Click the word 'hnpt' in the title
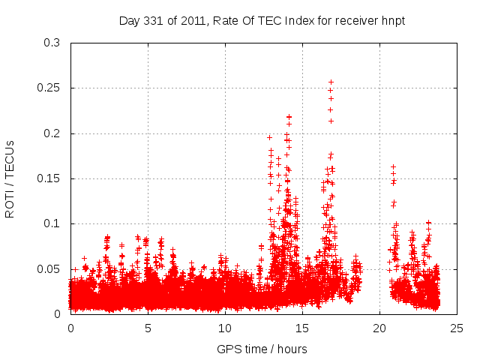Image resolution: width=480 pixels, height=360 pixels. [x=393, y=20]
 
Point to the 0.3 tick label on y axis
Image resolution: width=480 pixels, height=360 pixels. [x=52, y=43]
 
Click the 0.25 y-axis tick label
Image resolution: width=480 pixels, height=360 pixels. [x=49, y=88]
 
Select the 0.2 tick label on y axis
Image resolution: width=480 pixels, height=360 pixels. [x=52, y=133]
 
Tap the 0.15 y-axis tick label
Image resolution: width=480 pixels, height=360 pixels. [x=49, y=178]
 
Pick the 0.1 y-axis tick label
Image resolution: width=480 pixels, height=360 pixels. [x=52, y=223]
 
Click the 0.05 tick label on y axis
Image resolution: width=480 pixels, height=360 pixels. [x=49, y=268]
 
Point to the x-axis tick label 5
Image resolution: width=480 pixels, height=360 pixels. [x=148, y=328]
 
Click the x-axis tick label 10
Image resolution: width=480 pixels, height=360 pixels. [x=225, y=328]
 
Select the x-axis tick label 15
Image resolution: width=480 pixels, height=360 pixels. [x=302, y=328]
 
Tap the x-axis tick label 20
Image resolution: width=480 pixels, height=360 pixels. [x=379, y=328]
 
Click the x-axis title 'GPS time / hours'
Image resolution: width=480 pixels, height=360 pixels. [x=262, y=349]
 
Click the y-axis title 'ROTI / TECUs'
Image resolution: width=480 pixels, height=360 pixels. [x=10, y=178]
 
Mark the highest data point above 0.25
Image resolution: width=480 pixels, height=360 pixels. [x=331, y=82]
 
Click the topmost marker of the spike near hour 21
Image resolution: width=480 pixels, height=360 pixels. [x=393, y=166]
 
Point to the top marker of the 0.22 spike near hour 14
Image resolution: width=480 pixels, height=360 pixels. [x=289, y=117]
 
